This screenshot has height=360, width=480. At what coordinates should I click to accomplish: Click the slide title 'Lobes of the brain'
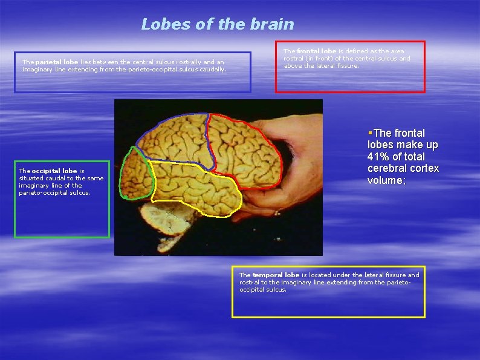coord(217,24)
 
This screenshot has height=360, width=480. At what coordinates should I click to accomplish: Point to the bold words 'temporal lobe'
coord(276,275)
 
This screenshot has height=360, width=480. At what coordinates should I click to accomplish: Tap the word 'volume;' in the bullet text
coord(387,180)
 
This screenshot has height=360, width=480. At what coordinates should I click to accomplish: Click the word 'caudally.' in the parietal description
coord(212,69)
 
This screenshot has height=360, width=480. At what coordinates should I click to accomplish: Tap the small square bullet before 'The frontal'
coord(369,132)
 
